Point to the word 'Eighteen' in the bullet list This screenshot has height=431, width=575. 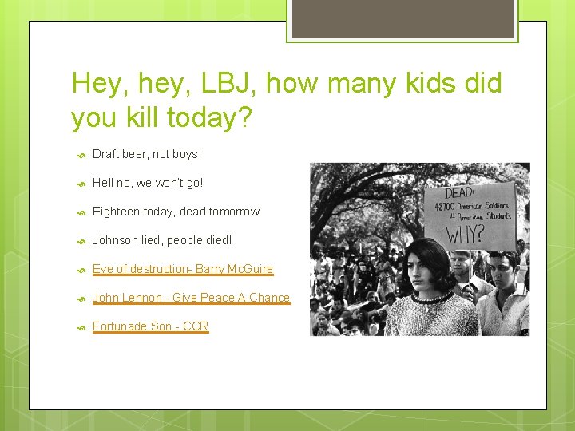(x=116, y=212)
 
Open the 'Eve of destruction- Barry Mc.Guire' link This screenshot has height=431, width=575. (x=182, y=269)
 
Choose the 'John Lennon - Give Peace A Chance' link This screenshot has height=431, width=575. (x=191, y=298)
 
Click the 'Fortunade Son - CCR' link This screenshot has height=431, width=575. (x=150, y=326)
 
